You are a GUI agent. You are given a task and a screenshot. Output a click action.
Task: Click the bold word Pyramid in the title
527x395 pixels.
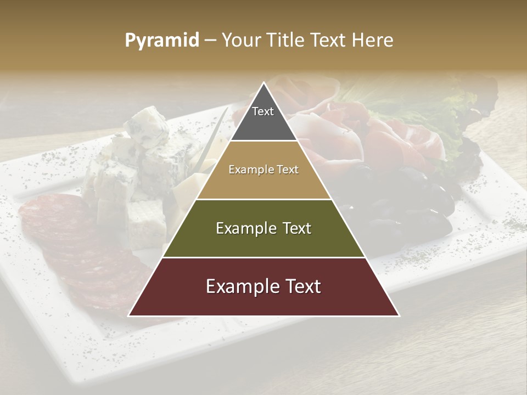click(x=161, y=41)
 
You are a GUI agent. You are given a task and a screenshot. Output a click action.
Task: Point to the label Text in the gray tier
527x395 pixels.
click(x=263, y=111)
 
